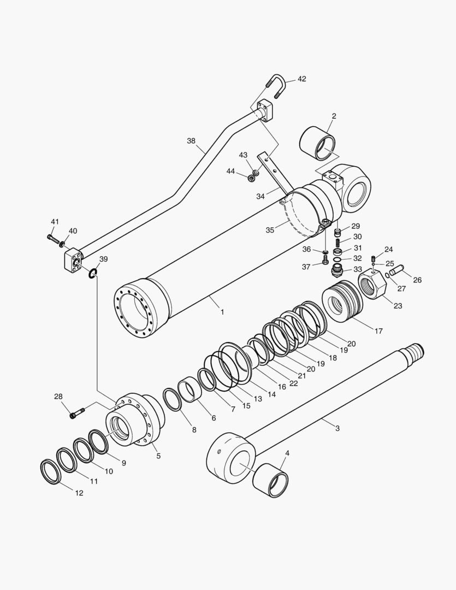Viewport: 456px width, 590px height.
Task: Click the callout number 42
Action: point(301,79)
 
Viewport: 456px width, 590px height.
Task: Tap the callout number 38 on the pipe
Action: point(191,140)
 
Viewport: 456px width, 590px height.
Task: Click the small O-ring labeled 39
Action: point(93,273)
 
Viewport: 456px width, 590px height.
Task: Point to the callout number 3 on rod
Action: point(337,428)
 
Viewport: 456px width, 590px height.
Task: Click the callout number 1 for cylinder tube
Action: point(222,312)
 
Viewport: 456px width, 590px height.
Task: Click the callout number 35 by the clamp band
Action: point(270,230)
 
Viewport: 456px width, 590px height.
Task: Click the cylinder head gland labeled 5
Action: point(137,421)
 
